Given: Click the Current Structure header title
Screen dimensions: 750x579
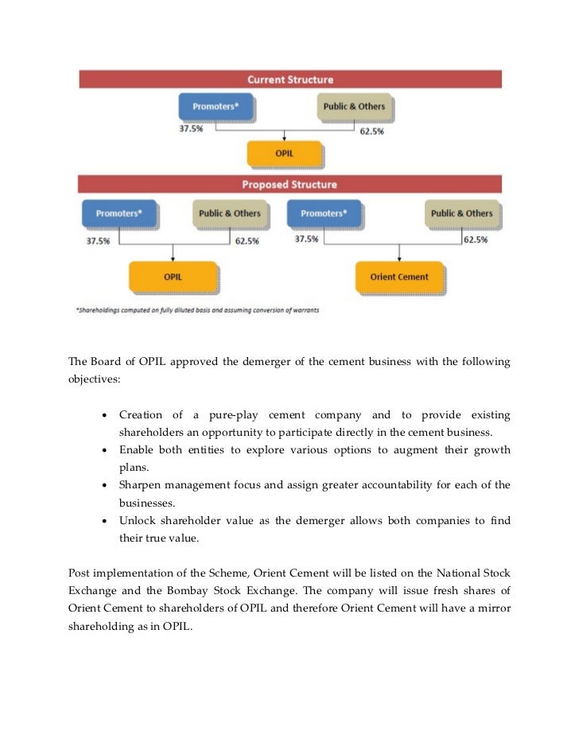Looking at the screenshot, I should pyautogui.click(x=290, y=80).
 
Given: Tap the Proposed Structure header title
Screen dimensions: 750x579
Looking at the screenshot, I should pyautogui.click(x=290, y=185).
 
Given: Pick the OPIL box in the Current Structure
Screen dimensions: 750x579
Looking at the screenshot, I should pyautogui.click(x=284, y=153).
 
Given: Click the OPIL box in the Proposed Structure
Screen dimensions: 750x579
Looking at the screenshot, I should pyautogui.click(x=173, y=278).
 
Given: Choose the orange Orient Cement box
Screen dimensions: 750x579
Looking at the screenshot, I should pyautogui.click(x=399, y=278).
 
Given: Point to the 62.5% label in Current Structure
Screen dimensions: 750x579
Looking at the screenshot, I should pyautogui.click(x=372, y=131).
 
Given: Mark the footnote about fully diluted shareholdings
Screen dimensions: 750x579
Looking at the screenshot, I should pyautogui.click(x=197, y=310).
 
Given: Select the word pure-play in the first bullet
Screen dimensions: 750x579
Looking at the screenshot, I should pyautogui.click(x=235, y=415).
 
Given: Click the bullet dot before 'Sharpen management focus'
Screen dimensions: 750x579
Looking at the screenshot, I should pyautogui.click(x=106, y=486).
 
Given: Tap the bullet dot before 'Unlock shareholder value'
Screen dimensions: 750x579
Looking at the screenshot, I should pyautogui.click(x=106, y=521).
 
